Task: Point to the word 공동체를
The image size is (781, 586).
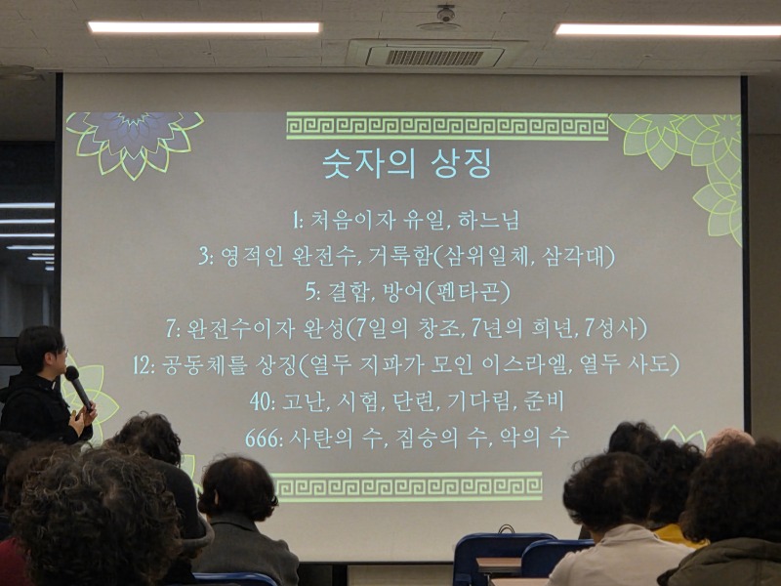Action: (x=204, y=364)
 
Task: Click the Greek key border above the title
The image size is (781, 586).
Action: (x=447, y=126)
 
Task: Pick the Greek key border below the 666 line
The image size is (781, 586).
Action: (x=407, y=485)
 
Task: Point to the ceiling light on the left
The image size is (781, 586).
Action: (x=204, y=27)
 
